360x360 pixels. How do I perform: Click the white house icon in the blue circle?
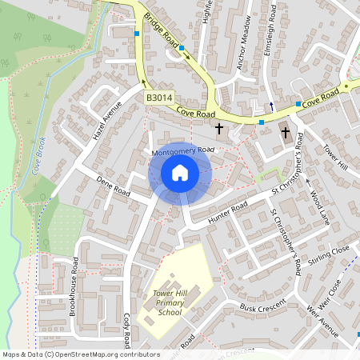coord(180,173)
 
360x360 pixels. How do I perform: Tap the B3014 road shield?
coord(159,98)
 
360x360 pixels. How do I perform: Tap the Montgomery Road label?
coord(183,150)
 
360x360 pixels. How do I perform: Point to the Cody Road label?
coord(127,330)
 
